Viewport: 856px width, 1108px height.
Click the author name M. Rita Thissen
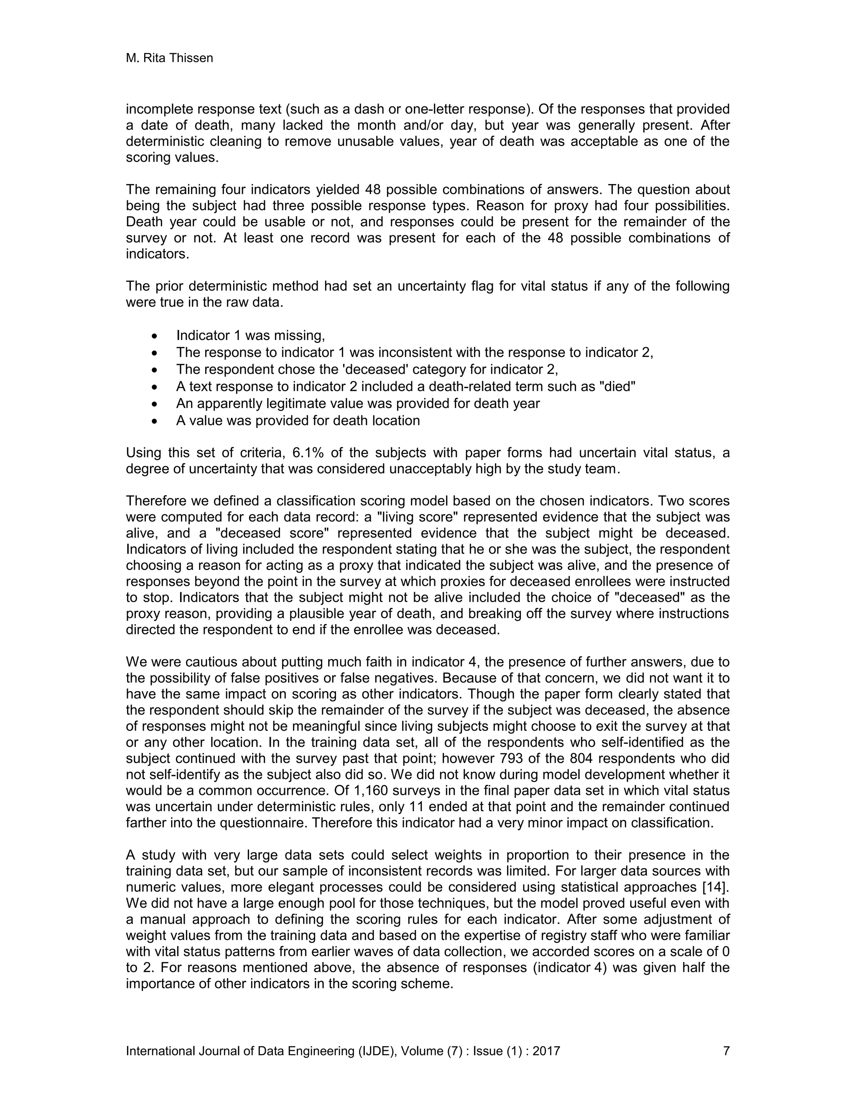click(169, 59)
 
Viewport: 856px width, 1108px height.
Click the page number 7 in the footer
click(726, 1051)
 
